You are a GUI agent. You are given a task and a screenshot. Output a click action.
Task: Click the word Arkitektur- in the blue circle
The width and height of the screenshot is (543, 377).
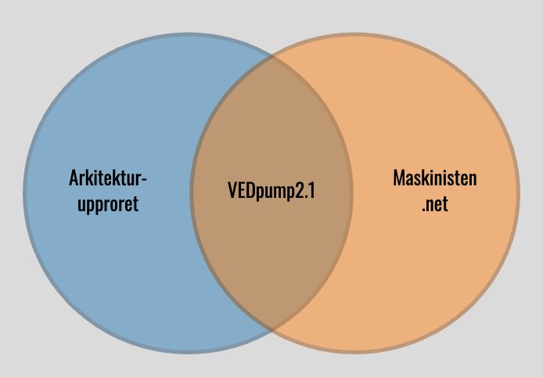(108, 178)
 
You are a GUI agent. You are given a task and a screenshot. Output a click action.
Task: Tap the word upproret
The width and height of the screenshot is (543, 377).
(108, 205)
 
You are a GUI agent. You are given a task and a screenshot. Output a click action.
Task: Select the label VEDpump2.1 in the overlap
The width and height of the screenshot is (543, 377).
(271, 191)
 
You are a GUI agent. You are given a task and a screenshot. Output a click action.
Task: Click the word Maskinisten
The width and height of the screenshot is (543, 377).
(435, 178)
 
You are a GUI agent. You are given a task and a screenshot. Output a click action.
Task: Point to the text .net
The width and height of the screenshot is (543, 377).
(435, 204)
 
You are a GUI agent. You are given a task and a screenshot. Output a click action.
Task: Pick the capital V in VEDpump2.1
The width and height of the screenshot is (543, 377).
(232, 190)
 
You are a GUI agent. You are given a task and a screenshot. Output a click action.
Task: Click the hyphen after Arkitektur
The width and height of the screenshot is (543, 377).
(144, 179)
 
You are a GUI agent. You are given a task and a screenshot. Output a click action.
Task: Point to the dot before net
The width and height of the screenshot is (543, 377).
(423, 210)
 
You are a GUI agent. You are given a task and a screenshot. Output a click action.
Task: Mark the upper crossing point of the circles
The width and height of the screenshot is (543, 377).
(271, 56)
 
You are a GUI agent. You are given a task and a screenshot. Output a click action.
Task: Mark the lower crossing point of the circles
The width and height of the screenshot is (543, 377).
(271, 330)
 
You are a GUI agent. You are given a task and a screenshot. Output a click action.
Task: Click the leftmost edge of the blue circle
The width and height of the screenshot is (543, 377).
(24, 193)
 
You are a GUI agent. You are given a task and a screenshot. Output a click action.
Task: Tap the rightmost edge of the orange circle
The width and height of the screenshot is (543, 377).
(518, 193)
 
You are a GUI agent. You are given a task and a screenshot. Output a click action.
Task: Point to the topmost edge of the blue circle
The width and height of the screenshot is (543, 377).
(188, 34)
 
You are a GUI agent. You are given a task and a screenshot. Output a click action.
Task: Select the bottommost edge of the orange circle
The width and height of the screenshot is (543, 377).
(355, 352)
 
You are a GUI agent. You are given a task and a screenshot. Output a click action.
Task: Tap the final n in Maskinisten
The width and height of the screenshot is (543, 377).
(473, 180)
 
